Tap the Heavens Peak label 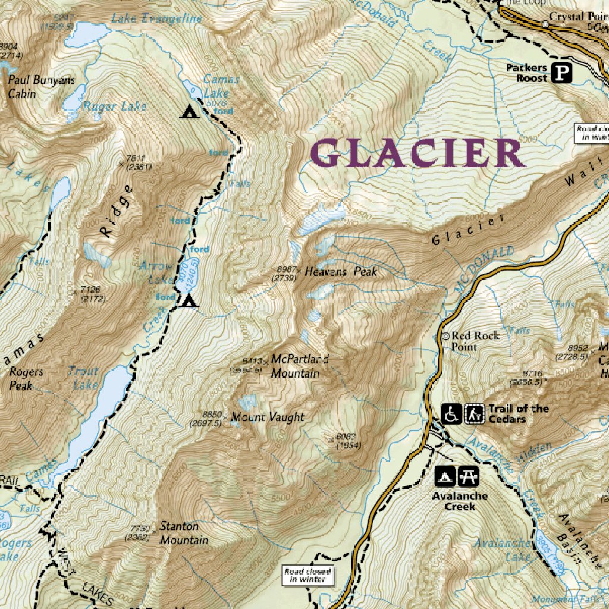341,272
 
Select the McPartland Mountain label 299,366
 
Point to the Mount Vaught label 268,417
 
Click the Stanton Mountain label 184,533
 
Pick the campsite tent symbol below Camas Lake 189,111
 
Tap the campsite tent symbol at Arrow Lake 189,302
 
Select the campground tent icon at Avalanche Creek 446,475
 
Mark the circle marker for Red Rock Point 445,335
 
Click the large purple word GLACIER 417,153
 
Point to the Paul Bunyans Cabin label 30,86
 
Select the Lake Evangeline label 157,18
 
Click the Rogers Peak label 26,378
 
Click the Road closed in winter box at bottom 307,575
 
